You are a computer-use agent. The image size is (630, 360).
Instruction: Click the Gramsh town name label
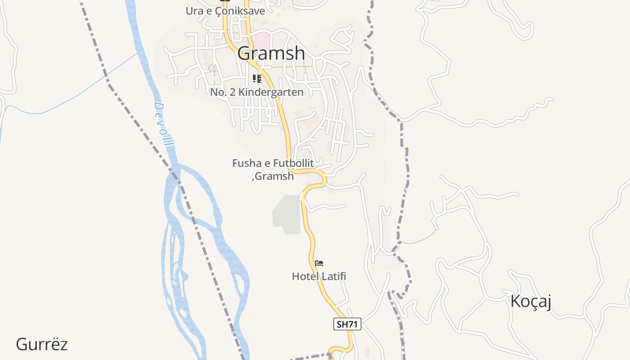click(x=271, y=54)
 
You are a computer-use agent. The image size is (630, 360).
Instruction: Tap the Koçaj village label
click(x=531, y=301)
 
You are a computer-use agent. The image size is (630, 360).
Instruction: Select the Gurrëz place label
click(x=42, y=345)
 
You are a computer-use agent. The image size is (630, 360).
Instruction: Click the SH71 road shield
click(x=347, y=324)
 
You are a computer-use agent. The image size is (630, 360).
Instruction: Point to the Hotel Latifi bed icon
click(x=319, y=263)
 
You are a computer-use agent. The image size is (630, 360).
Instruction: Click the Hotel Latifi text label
click(x=319, y=276)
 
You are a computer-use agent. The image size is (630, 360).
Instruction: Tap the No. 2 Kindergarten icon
click(x=257, y=79)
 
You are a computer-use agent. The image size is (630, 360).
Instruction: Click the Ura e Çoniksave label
click(x=225, y=11)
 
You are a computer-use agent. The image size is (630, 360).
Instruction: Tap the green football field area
click(x=287, y=214)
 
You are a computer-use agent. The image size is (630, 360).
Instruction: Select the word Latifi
click(x=333, y=276)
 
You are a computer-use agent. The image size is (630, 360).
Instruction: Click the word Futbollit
click(x=292, y=163)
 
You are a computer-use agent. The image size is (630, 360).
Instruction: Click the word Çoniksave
click(x=239, y=11)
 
